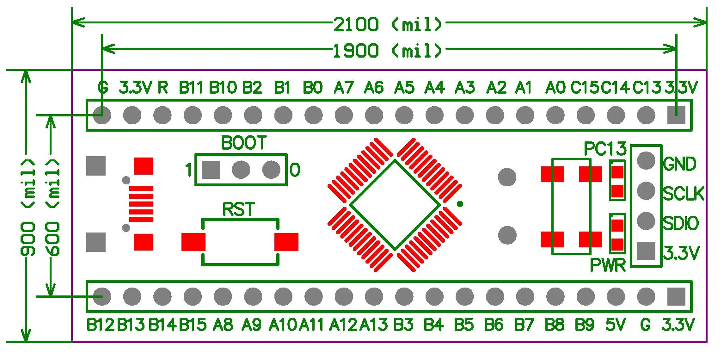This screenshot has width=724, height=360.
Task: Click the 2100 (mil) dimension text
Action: click(x=388, y=24)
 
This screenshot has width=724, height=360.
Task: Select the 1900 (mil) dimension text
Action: click(x=388, y=51)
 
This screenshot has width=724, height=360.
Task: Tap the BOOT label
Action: click(x=244, y=143)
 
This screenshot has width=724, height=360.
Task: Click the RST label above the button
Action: click(x=239, y=209)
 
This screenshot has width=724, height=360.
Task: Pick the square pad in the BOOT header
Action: click(x=211, y=170)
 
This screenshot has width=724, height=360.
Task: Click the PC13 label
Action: click(x=605, y=149)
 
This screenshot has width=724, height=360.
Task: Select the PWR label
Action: click(x=608, y=265)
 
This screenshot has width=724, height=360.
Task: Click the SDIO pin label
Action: click(x=681, y=223)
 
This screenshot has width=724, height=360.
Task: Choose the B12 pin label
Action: click(x=100, y=325)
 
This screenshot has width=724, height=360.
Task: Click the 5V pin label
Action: click(x=615, y=325)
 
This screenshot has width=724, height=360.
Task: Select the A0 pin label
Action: click(x=555, y=87)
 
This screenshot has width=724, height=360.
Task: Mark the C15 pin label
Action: click(x=585, y=87)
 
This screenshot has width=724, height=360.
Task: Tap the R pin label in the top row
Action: click(x=163, y=87)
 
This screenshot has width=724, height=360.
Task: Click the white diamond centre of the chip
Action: click(x=395, y=205)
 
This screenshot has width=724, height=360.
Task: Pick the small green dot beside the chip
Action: click(x=460, y=204)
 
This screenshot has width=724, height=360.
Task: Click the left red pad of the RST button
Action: click(x=193, y=242)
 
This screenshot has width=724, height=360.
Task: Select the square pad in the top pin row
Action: click(x=676, y=115)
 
